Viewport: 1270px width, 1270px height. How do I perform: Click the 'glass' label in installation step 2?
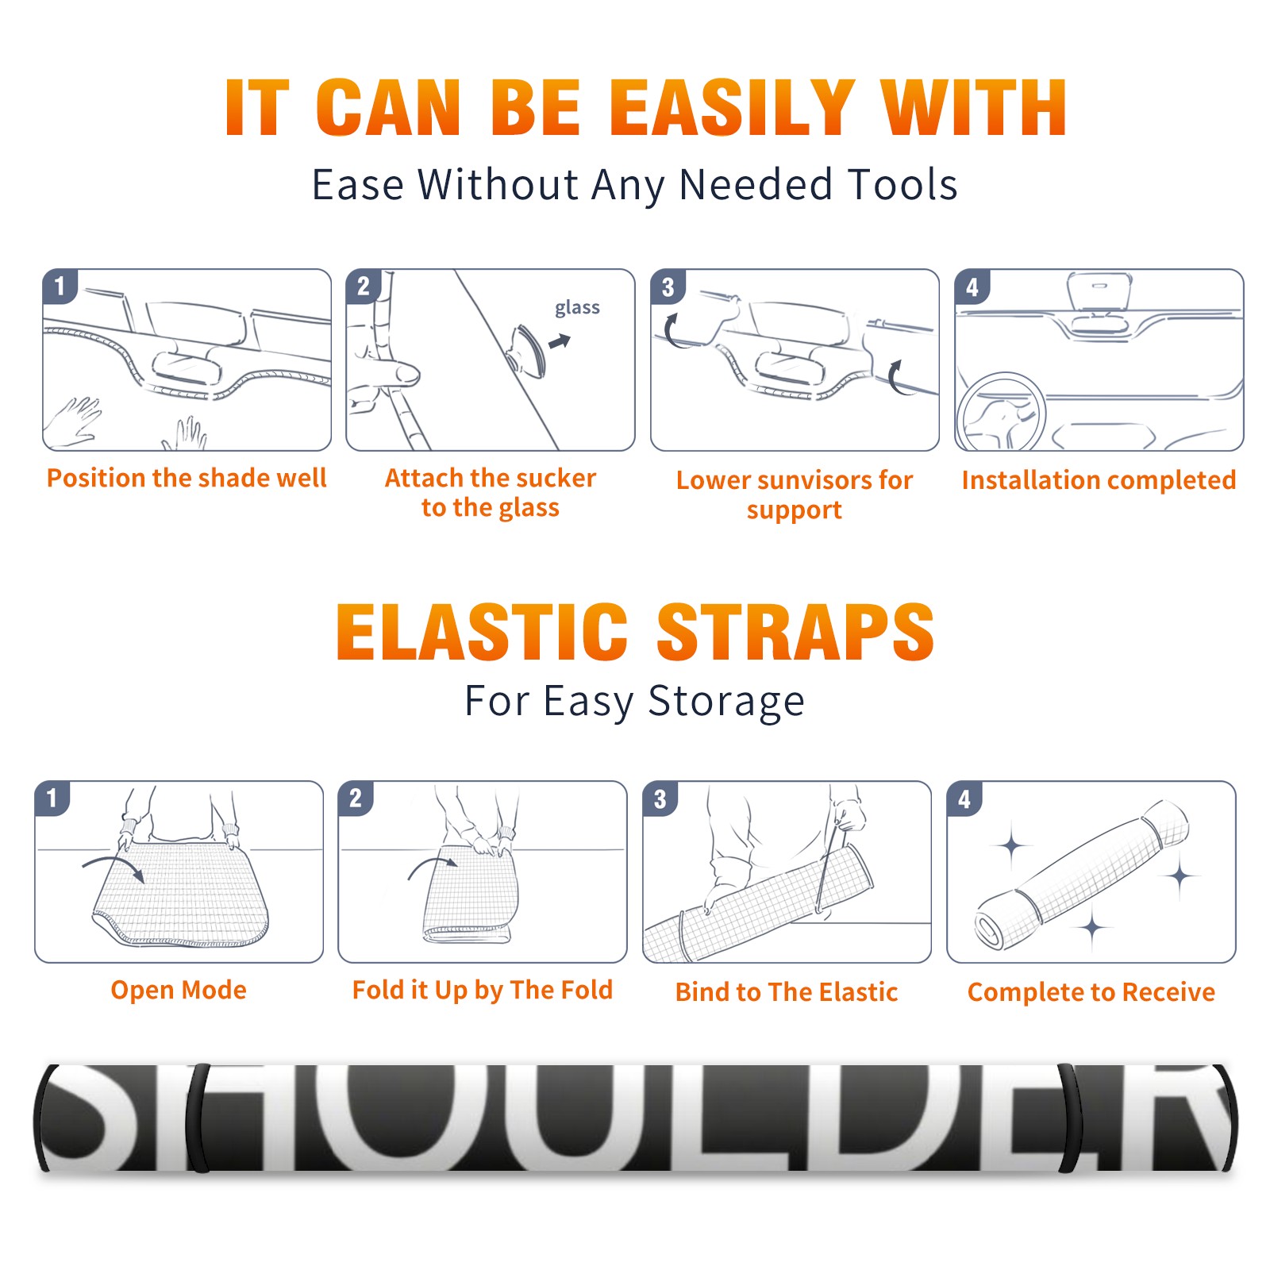577,308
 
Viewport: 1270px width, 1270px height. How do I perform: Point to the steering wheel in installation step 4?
1000,412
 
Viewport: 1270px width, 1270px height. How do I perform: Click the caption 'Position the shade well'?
187,478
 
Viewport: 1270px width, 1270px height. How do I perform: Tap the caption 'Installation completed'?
1099,479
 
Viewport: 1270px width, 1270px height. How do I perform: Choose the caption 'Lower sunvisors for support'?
795,495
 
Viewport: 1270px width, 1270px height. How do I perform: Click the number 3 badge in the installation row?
668,287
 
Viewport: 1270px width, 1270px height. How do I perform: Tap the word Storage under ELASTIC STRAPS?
726,702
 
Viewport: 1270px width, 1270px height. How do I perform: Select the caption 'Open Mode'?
179,990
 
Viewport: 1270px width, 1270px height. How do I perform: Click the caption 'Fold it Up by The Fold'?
483,990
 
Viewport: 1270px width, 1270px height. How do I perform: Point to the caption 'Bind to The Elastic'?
787,992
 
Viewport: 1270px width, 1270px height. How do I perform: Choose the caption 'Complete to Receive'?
1091,992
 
